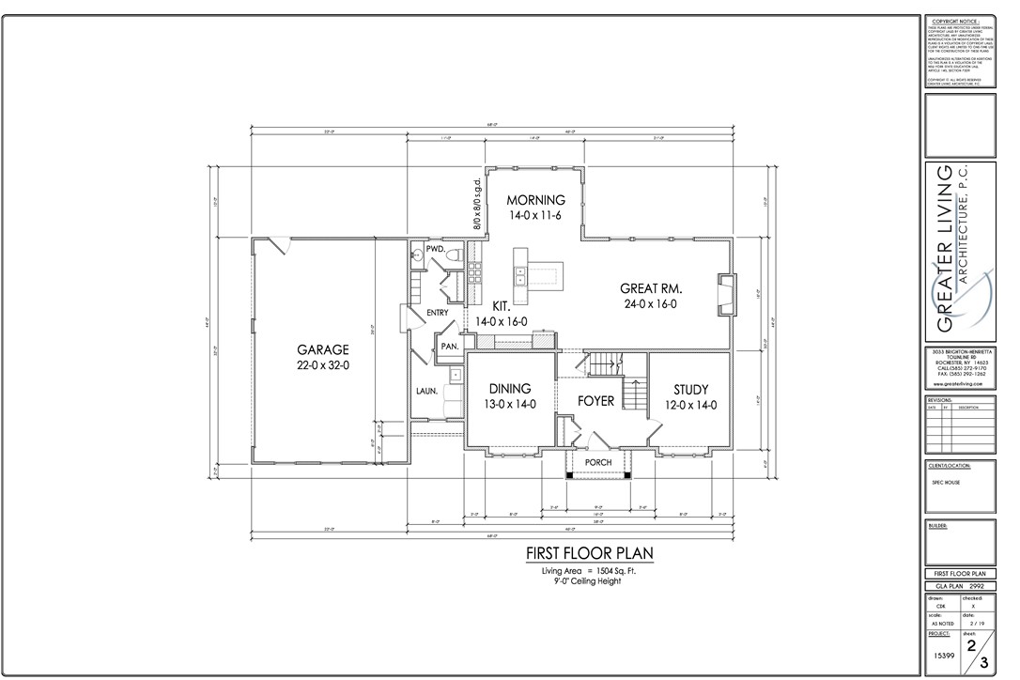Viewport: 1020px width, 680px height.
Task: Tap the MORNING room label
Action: click(x=536, y=200)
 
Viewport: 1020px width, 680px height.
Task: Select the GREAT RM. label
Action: click(x=650, y=288)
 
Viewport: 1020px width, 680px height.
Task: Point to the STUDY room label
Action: click(x=690, y=390)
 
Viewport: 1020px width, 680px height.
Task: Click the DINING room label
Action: click(x=509, y=389)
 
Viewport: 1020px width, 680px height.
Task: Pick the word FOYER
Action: click(x=595, y=401)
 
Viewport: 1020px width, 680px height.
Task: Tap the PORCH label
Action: click(x=598, y=463)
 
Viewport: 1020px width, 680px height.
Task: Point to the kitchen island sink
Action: click(x=518, y=274)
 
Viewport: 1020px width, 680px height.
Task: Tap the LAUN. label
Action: click(x=427, y=391)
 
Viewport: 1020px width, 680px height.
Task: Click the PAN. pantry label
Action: click(x=449, y=347)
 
